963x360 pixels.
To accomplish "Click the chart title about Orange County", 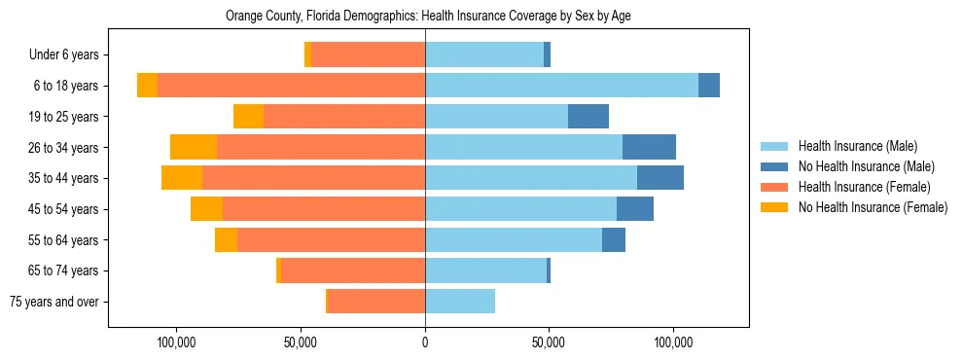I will [428, 17].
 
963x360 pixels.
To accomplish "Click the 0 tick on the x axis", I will [425, 343].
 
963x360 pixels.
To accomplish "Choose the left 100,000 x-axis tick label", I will [177, 343].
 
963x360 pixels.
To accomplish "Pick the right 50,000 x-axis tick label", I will [549, 343].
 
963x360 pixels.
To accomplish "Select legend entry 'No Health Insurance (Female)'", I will [873, 207].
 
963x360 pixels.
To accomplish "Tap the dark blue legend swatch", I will [775, 166].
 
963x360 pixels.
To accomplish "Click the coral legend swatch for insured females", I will [775, 187].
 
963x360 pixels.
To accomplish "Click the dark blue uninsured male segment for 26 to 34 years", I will [649, 147].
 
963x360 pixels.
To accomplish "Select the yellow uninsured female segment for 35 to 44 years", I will [182, 178].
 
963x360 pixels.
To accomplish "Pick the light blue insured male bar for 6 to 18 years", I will [561, 86].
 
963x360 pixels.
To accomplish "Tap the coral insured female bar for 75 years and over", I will [376, 302].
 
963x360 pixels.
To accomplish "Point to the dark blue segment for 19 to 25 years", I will [588, 117].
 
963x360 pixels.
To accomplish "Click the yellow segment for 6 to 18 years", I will [147, 86].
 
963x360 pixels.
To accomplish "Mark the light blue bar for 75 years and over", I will [460, 302].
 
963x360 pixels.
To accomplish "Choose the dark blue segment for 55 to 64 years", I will [614, 239].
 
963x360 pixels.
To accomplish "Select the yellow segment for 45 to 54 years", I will [206, 209].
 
